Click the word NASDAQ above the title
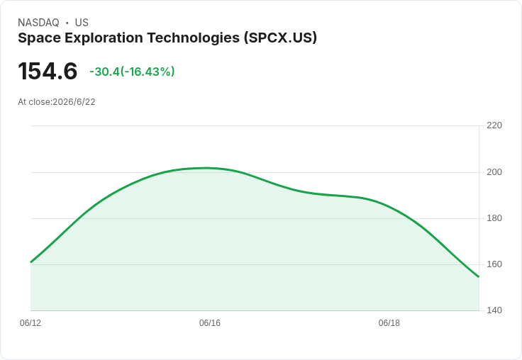(38, 23)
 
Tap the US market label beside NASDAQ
(82, 23)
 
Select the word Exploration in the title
(104, 38)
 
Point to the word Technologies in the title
(194, 38)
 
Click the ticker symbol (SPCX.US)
(280, 38)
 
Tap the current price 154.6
(48, 71)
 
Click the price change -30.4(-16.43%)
(132, 72)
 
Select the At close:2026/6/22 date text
(57, 102)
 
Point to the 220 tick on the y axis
(494, 125)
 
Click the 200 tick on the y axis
(494, 172)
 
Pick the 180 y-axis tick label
(494, 218)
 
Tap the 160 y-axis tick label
(494, 264)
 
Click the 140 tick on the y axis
(494, 310)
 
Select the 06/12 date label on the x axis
(30, 323)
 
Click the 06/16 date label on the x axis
(210, 323)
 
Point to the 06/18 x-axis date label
(389, 323)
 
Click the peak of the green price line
(206, 168)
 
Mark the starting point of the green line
(31, 262)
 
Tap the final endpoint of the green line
(479, 276)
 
